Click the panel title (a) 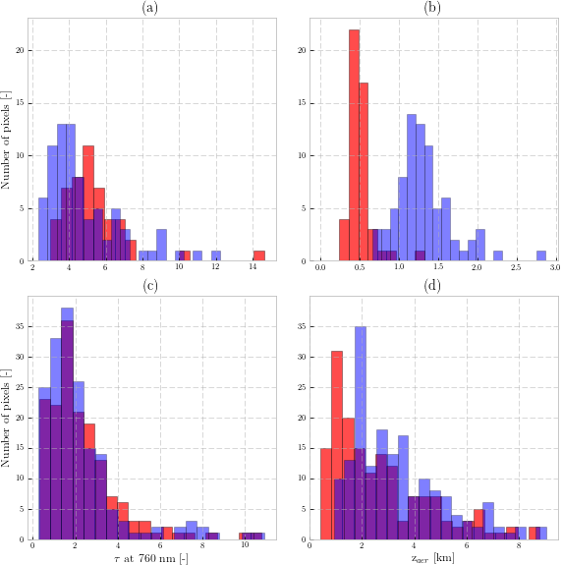pos(150,8)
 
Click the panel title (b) pos(432,8)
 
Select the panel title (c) pos(150,286)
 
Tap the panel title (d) pos(432,286)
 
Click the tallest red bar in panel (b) pos(354,145)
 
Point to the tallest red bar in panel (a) pos(88,203)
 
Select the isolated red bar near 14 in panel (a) pos(259,255)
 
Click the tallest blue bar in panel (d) pos(361,433)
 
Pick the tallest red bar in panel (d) pos(337,445)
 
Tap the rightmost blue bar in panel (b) pos(541,255)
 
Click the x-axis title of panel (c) pos(151,558)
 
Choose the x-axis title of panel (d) pos(432,558)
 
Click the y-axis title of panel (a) pos(6,140)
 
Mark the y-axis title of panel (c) pos(6,418)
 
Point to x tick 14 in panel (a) pos(253,267)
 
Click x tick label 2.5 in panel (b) pos(516,267)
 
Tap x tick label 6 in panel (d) pos(467,544)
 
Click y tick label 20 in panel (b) pos(302,50)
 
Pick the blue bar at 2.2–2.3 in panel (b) pos(498,255)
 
